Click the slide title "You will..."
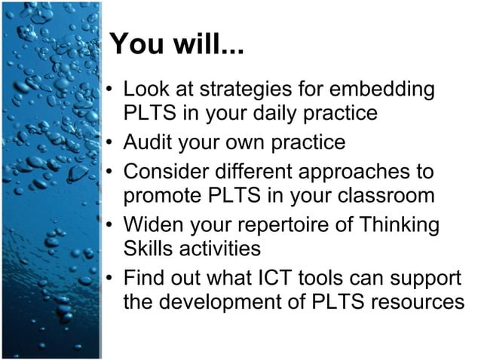coord(176,44)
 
